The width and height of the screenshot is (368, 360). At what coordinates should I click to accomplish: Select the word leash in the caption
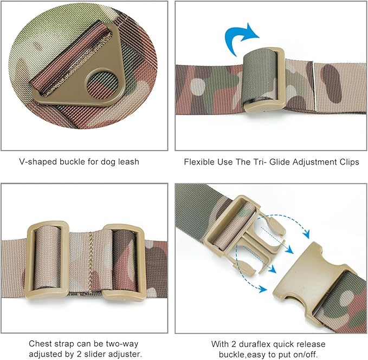click(128, 161)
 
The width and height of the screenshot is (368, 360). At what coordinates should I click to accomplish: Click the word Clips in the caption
click(349, 162)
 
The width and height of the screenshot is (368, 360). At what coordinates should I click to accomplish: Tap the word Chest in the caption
click(40, 344)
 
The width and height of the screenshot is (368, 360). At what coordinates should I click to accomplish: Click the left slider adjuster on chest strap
click(48, 259)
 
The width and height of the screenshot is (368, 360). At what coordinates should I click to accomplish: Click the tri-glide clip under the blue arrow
click(264, 80)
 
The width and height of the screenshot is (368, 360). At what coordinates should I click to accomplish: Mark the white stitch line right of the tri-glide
click(314, 86)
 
